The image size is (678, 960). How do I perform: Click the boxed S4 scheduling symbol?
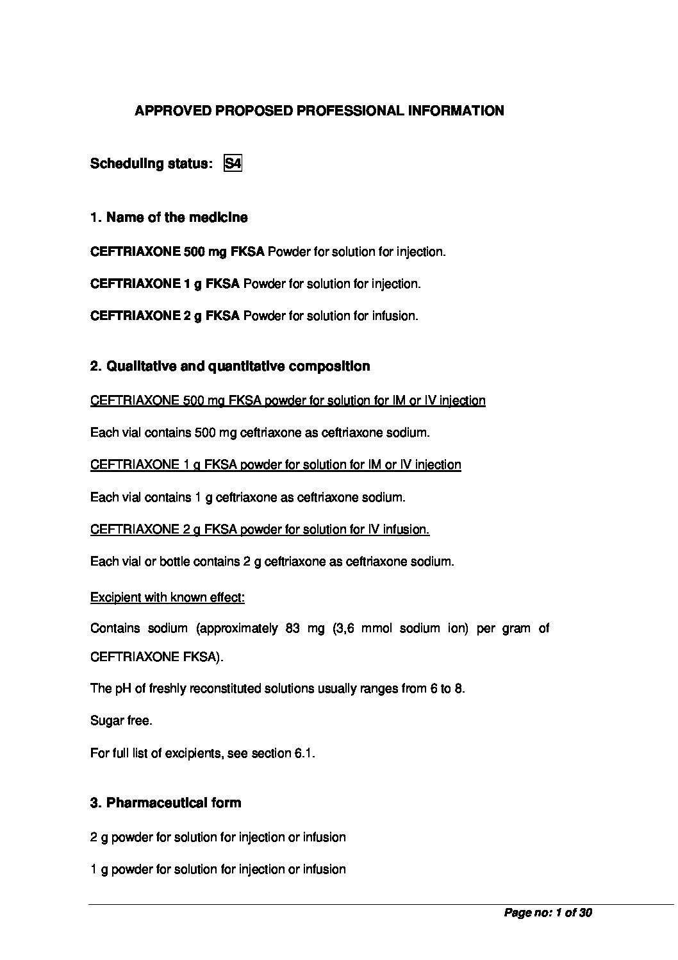pos(233,164)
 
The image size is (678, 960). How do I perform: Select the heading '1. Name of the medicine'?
pos(169,217)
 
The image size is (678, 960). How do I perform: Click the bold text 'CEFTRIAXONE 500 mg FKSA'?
pos(178,252)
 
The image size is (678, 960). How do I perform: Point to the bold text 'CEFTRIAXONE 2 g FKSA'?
pos(165,316)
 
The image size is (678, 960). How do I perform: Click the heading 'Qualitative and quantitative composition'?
pos(238,366)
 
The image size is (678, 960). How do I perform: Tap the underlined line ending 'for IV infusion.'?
pos(260,530)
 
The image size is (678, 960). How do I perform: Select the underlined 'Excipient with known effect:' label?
pos(167,598)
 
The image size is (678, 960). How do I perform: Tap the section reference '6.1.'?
pos(305,754)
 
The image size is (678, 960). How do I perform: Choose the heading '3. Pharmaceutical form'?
pos(166,803)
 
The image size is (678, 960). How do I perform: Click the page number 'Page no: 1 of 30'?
pos(548,913)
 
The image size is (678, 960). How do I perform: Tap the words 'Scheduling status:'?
pos(151,164)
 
